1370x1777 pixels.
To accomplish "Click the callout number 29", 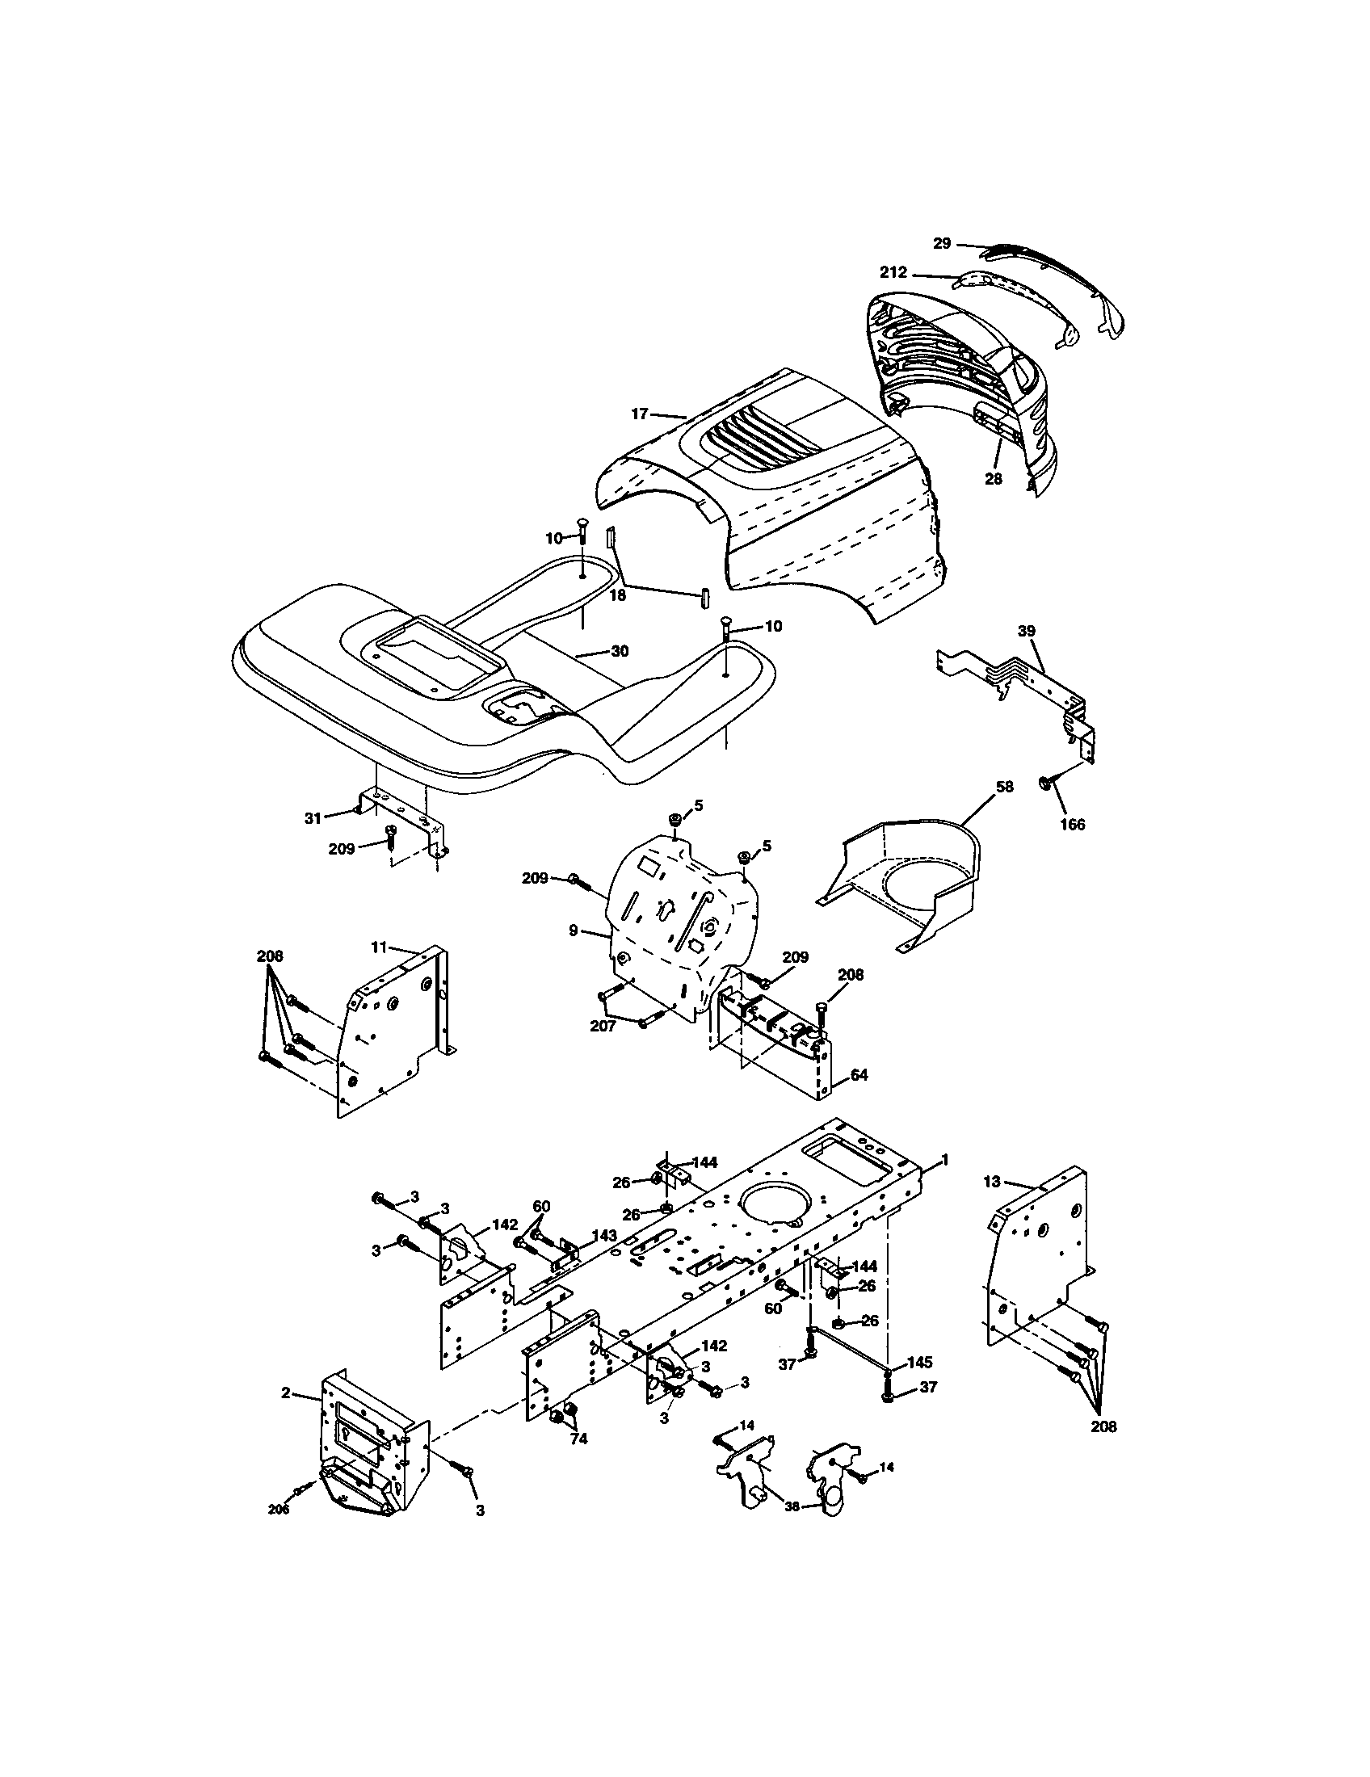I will (x=941, y=243).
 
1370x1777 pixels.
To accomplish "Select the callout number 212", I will (x=892, y=273).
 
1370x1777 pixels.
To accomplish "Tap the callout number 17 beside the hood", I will (x=639, y=414).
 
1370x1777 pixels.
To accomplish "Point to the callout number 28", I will (x=993, y=479).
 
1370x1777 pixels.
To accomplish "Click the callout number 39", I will (x=1027, y=631).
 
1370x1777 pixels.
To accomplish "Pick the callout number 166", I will (x=1072, y=825).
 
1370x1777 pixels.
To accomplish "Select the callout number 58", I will (x=1006, y=787).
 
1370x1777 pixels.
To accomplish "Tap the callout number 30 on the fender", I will (x=619, y=651).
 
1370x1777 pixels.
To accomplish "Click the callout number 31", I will (x=313, y=818).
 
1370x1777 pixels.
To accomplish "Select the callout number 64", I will (x=859, y=1075).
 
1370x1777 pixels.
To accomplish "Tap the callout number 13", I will (x=991, y=1182).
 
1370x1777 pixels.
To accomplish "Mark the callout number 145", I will (x=920, y=1362).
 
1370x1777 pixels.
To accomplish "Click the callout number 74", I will (x=578, y=1439).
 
